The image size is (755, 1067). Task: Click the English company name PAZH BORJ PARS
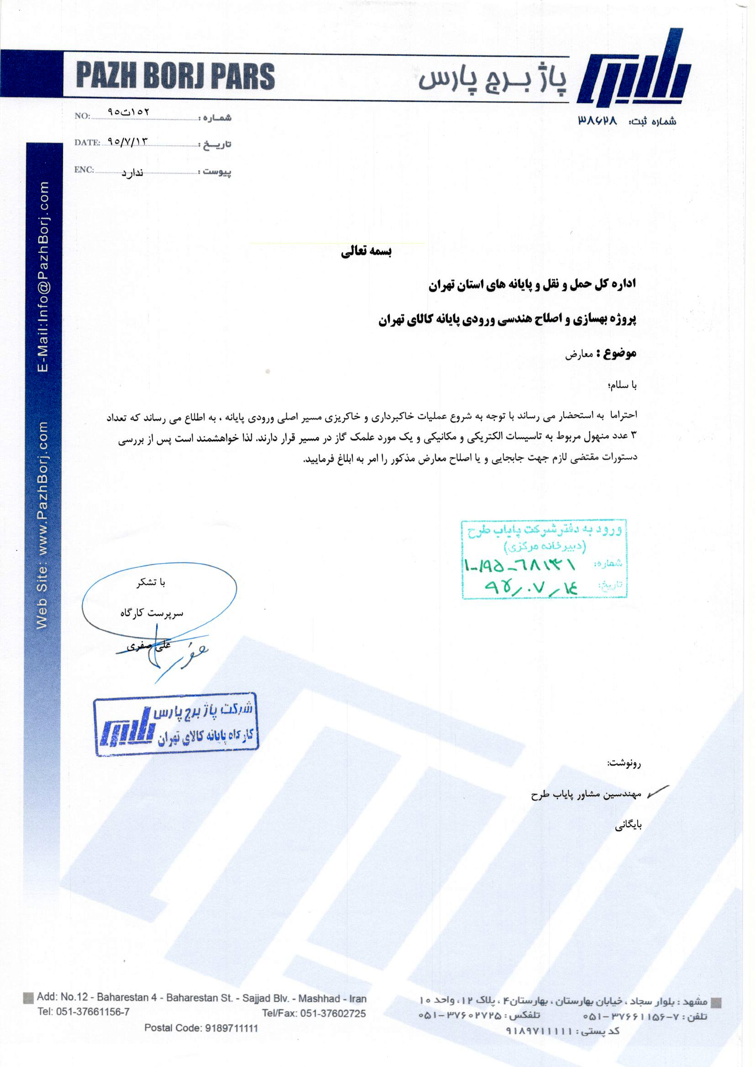tap(175, 76)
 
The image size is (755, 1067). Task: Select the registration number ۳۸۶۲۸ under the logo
tap(598, 120)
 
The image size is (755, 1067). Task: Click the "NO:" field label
tap(82, 116)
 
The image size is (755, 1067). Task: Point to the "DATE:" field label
tap(87, 142)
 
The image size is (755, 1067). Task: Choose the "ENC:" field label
tap(84, 170)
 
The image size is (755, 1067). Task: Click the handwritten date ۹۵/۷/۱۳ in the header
tap(127, 141)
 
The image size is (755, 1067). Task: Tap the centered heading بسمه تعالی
tap(367, 251)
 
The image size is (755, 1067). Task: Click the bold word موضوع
tap(620, 353)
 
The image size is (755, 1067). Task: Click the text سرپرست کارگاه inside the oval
tap(152, 613)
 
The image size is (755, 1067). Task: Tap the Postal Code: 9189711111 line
tap(201, 1028)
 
